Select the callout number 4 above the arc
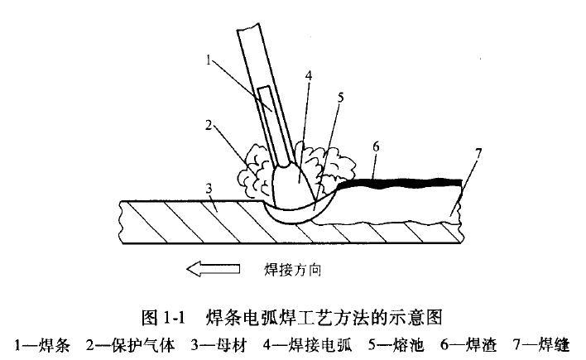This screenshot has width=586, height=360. pyautogui.click(x=309, y=75)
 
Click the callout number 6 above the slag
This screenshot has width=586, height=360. pyautogui.click(x=377, y=147)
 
